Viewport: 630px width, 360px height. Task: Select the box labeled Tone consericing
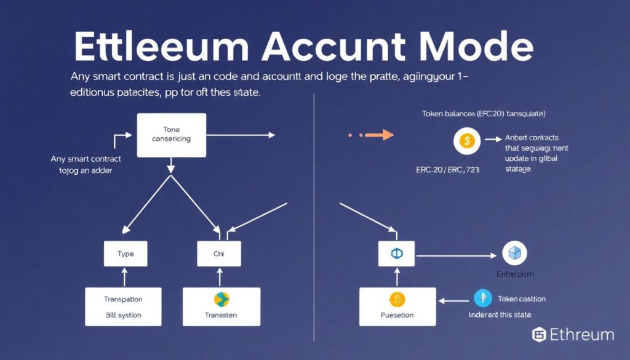(171, 134)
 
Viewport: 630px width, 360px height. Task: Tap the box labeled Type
(126, 254)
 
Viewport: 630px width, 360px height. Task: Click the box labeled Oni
(220, 254)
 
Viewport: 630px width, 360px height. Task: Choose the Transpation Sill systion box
(123, 306)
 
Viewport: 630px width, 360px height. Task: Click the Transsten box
(221, 306)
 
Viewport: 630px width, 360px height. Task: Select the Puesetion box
(397, 306)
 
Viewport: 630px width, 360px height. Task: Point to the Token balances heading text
(484, 114)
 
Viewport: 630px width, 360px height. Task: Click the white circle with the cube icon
(514, 253)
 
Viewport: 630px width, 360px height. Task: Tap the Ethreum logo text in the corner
(573, 335)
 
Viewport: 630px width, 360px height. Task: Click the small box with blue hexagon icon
(396, 254)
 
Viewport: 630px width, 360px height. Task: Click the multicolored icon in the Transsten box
(221, 300)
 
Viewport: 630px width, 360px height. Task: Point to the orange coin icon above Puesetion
(397, 300)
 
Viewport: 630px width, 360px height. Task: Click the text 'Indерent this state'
(500, 314)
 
